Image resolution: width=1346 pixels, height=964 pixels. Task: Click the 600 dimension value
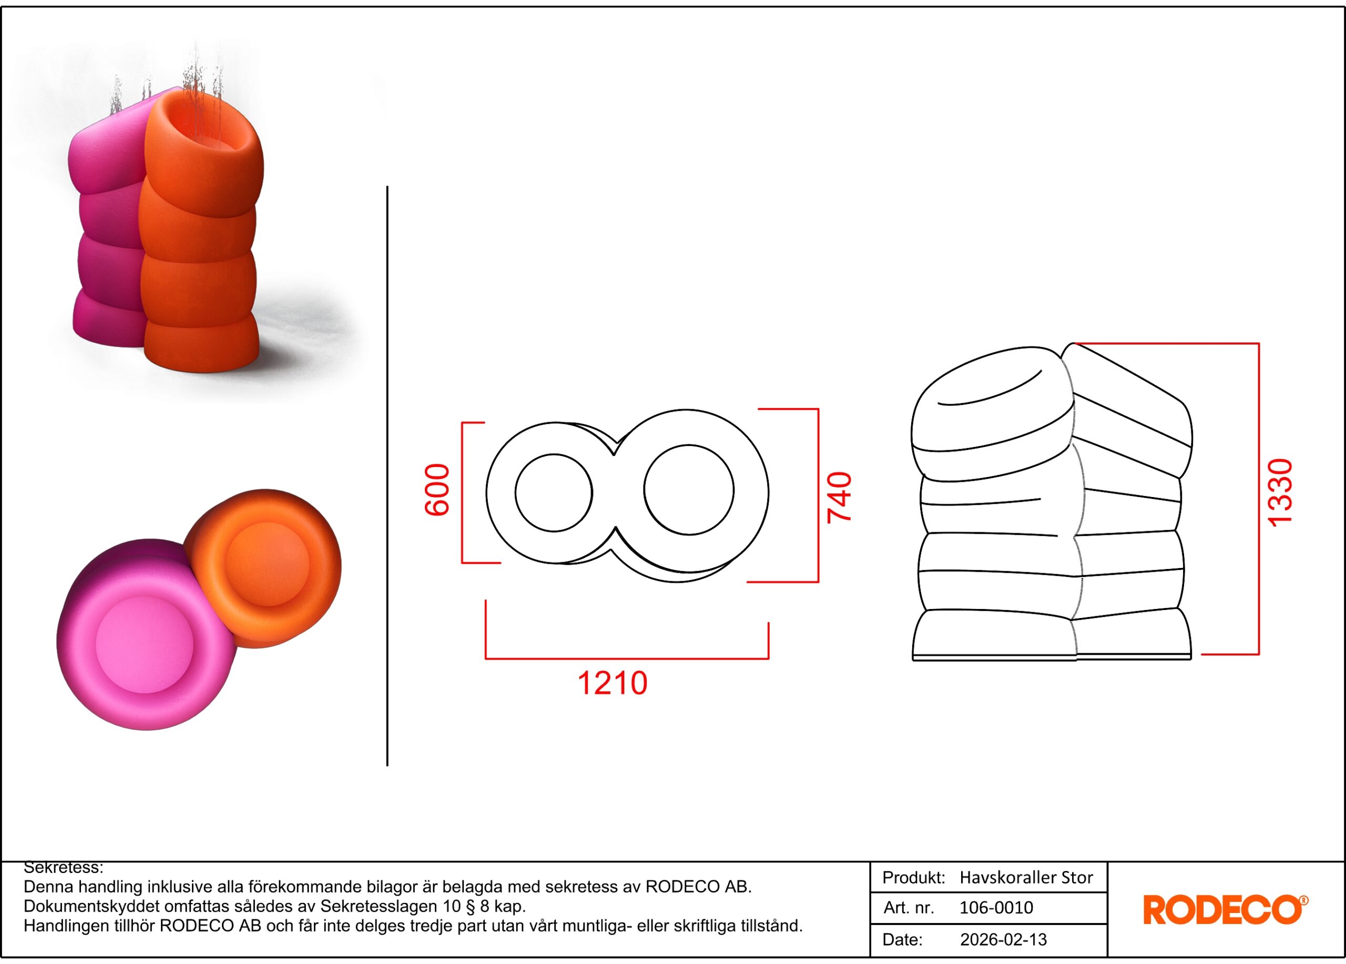(437, 490)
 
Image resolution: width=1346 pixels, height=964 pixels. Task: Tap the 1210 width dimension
(613, 683)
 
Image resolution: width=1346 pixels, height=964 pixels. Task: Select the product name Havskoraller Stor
(1026, 878)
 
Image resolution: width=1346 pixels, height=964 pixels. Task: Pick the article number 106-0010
(996, 908)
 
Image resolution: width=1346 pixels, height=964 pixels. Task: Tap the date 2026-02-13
(1004, 940)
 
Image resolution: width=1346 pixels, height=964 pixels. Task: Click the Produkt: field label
(914, 878)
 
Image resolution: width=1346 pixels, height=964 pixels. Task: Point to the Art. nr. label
(909, 908)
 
